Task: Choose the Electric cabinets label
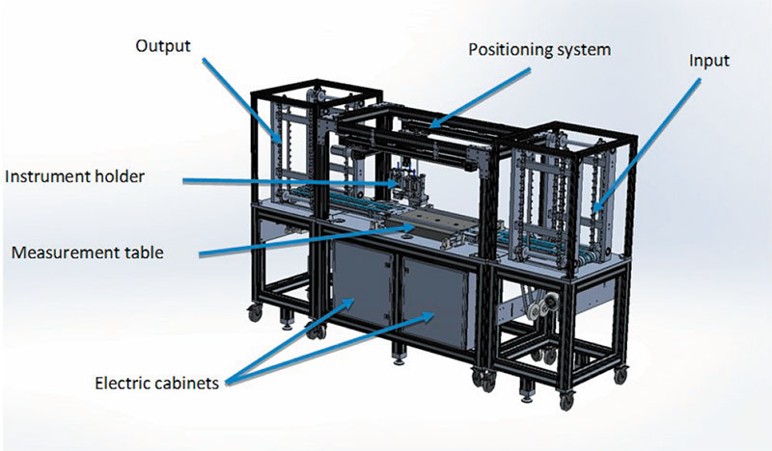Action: coord(159,382)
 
